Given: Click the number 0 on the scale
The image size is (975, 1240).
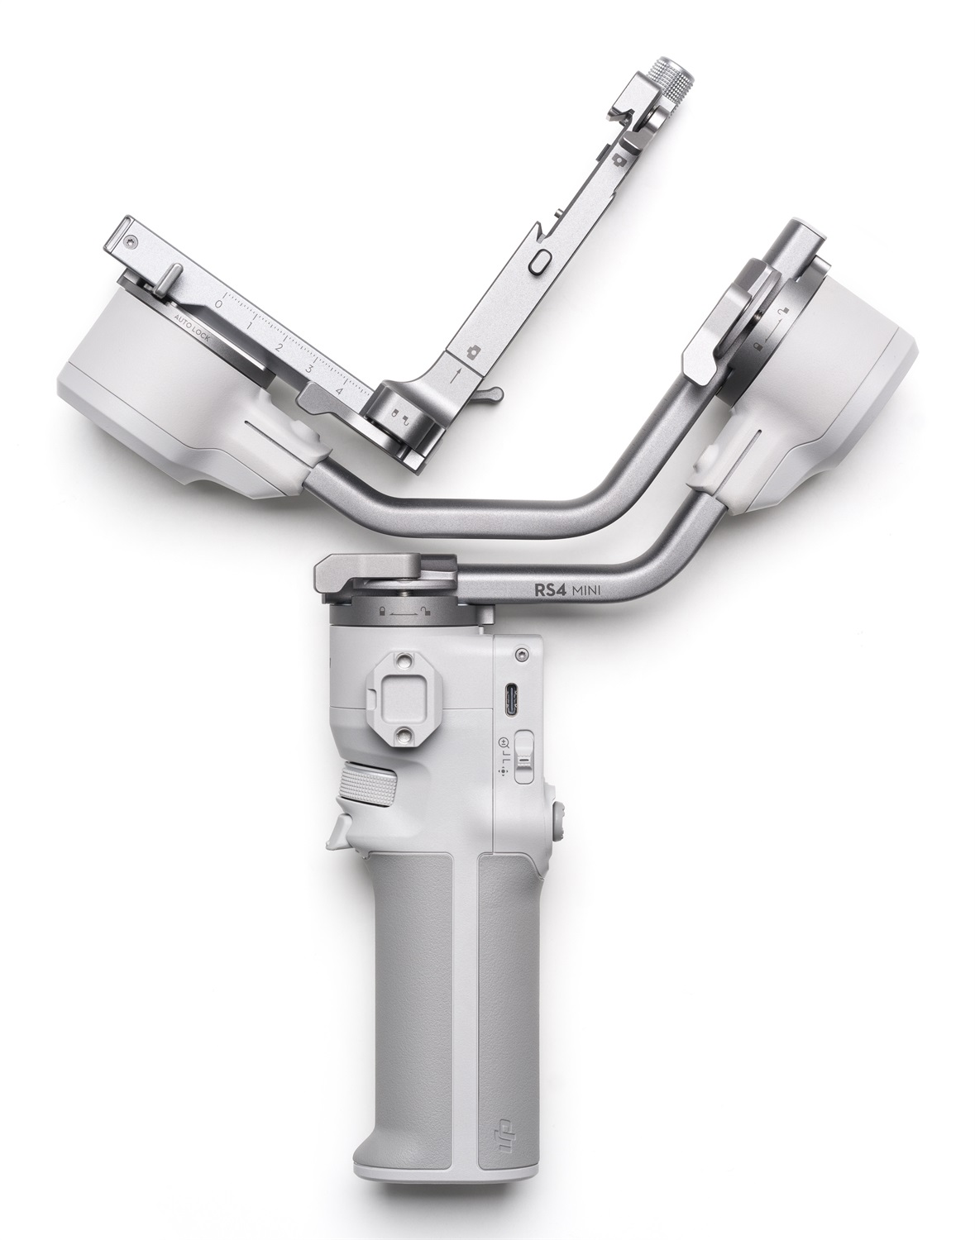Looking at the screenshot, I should (217, 304).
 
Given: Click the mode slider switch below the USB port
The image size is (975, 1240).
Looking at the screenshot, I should (523, 756).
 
